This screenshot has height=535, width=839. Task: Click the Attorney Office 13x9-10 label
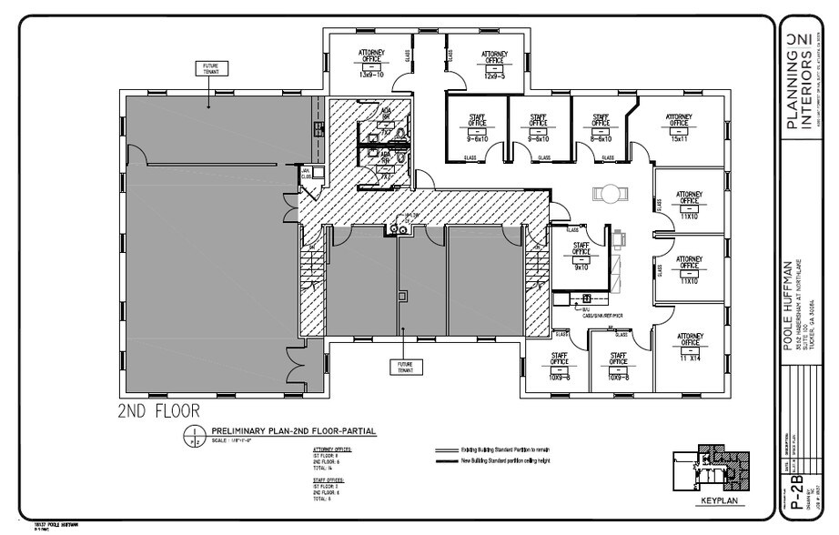(x=371, y=62)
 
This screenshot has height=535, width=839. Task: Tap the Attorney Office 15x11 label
(x=679, y=127)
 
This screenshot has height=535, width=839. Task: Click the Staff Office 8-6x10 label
(x=601, y=127)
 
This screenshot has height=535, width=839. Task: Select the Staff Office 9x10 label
(x=581, y=256)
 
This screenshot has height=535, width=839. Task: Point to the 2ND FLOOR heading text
(x=158, y=410)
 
